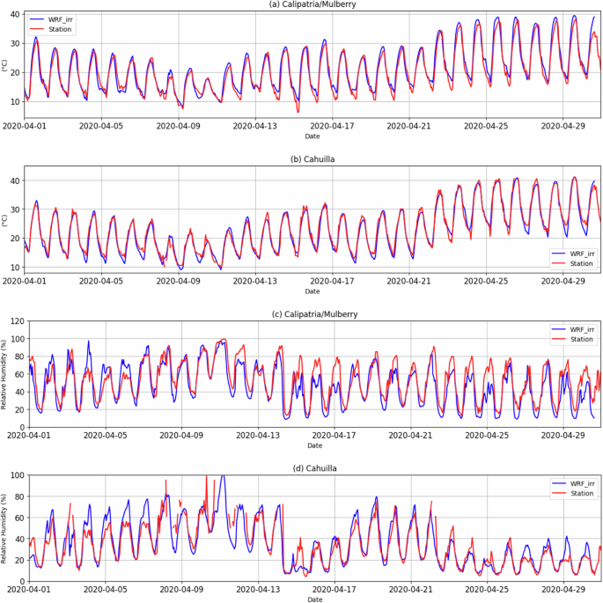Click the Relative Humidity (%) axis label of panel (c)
[4, 374]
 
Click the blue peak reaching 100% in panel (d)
[222, 476]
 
